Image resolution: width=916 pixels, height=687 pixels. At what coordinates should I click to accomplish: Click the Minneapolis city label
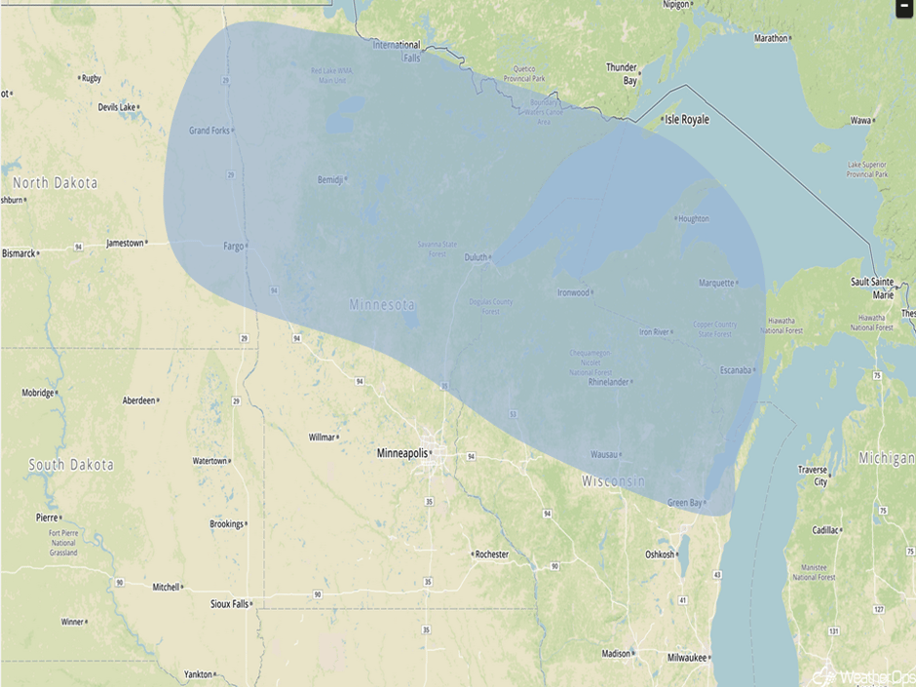pos(402,453)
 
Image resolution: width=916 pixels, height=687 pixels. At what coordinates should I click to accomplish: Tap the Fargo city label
pos(234,246)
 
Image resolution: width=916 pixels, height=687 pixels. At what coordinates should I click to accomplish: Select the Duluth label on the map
pos(475,257)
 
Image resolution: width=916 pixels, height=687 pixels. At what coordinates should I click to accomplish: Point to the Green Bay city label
pos(684,503)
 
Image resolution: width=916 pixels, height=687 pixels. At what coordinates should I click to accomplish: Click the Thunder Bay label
pos(622,74)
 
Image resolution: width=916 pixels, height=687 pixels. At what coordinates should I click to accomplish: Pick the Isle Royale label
pos(686,119)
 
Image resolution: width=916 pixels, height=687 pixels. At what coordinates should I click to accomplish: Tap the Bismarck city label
pos(19,253)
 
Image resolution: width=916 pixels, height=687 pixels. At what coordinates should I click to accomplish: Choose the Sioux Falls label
pos(229,604)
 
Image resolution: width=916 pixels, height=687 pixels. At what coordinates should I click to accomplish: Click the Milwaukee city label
pos(687,658)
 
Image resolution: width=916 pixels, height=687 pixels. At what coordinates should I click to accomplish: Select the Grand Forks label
pos(209,130)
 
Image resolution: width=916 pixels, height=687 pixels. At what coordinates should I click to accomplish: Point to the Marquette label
pos(716,284)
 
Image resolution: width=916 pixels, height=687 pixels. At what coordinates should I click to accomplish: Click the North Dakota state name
pos(56,183)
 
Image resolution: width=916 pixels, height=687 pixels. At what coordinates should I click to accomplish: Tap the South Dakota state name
pos(70,465)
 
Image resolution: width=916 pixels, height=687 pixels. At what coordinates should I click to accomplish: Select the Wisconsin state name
pos(614,481)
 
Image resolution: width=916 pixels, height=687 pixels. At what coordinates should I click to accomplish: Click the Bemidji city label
pos(330,179)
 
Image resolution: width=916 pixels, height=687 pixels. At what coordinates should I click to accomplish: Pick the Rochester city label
pos(491,554)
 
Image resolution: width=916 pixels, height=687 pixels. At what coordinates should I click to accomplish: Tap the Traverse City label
pos(813,476)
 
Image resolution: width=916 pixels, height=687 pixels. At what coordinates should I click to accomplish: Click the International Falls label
pos(399,51)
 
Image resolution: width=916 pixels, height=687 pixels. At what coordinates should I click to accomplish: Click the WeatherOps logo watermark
pos(862,674)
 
